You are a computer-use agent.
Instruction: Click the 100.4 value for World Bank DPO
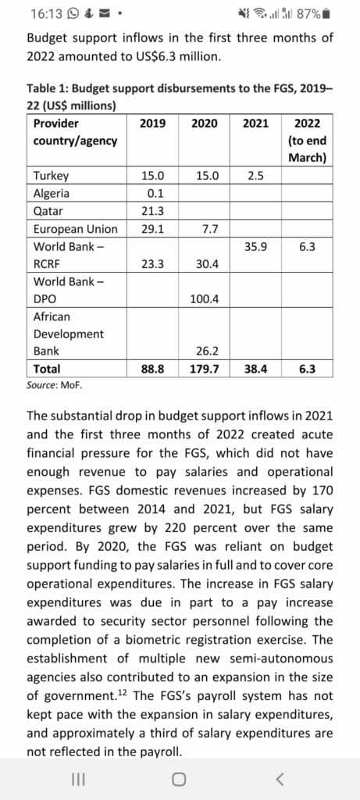(204, 299)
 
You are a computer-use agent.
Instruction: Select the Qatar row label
(47, 212)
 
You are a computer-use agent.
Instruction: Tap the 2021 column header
(255, 123)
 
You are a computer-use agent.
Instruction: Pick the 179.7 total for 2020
(204, 369)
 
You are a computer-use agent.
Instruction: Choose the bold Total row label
(47, 369)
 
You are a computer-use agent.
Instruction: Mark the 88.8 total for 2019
(153, 369)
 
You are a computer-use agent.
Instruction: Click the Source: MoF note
(55, 386)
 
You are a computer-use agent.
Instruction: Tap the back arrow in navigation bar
(279, 779)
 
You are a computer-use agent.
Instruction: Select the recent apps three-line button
(77, 779)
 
